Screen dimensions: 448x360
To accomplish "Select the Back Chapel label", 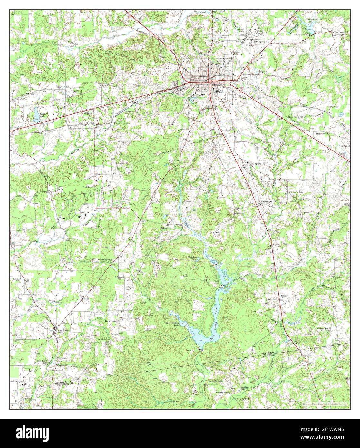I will [x=112, y=321].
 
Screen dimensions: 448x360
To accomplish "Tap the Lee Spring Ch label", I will [x=258, y=163].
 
